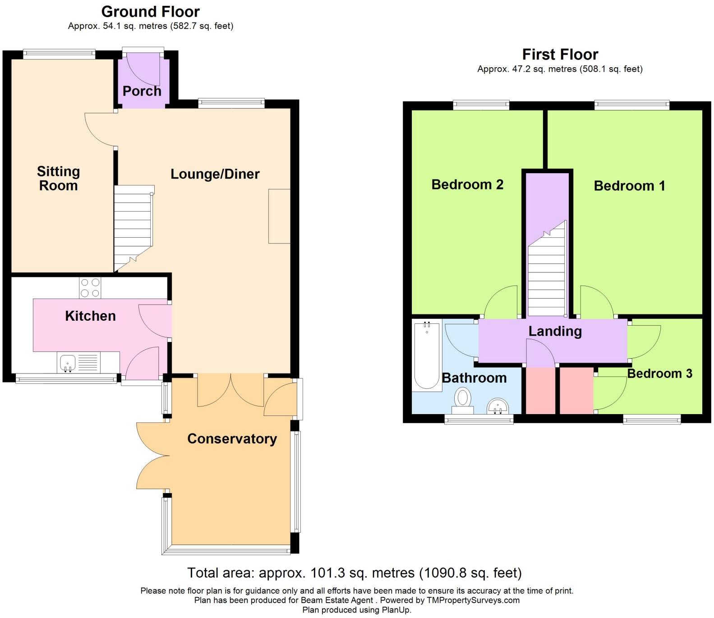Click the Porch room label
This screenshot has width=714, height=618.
pos(142,91)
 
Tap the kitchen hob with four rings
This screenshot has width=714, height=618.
pos(90,288)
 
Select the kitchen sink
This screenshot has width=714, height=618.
pos(68,363)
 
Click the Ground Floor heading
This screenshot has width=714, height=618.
pos(150,11)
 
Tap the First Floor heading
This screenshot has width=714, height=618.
pos(560,55)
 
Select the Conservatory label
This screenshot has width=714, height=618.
pos(232,439)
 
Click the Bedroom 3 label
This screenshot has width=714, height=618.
pos(659,374)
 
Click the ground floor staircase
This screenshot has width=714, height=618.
pos(133,228)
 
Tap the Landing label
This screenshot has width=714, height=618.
pos(555,332)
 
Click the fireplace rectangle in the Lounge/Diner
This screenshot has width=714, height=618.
pos(279,217)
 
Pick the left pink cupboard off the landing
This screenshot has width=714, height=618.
pos(540,391)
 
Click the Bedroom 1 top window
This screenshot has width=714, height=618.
pos(631,105)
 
